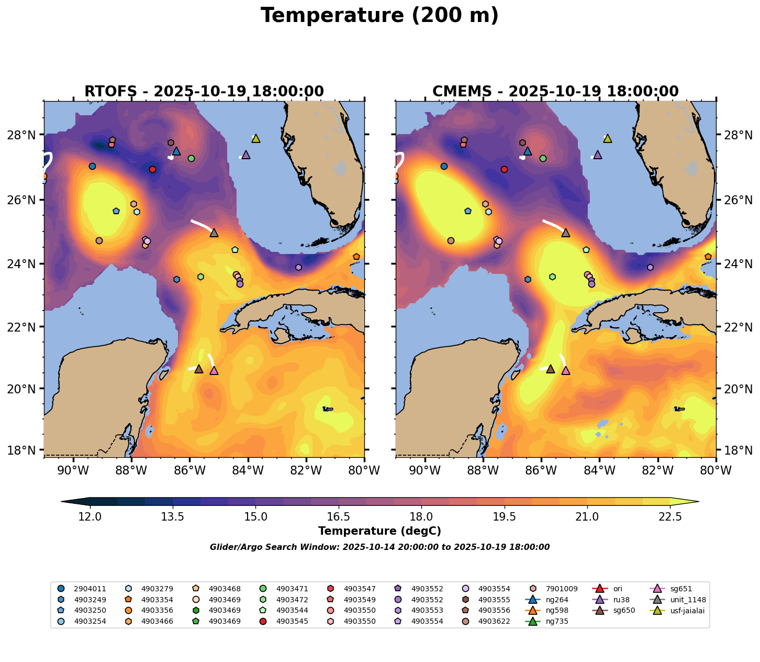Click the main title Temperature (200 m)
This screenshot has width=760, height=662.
(x=379, y=16)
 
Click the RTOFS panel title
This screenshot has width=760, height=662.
(x=204, y=92)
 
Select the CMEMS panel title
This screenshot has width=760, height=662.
(x=555, y=92)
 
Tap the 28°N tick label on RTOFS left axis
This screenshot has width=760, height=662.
(x=25, y=135)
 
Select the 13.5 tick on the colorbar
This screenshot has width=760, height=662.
(x=173, y=517)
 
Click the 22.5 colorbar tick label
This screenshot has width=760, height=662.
(x=670, y=517)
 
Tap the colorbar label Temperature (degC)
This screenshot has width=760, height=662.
(x=379, y=531)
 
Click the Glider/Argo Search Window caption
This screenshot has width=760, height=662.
(x=379, y=547)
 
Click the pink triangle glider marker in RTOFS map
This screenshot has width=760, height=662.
(x=214, y=371)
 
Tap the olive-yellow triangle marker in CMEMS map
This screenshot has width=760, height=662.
(x=607, y=139)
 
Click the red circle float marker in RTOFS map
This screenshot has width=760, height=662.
(x=152, y=169)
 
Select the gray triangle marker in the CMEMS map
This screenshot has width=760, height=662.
(x=565, y=233)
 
